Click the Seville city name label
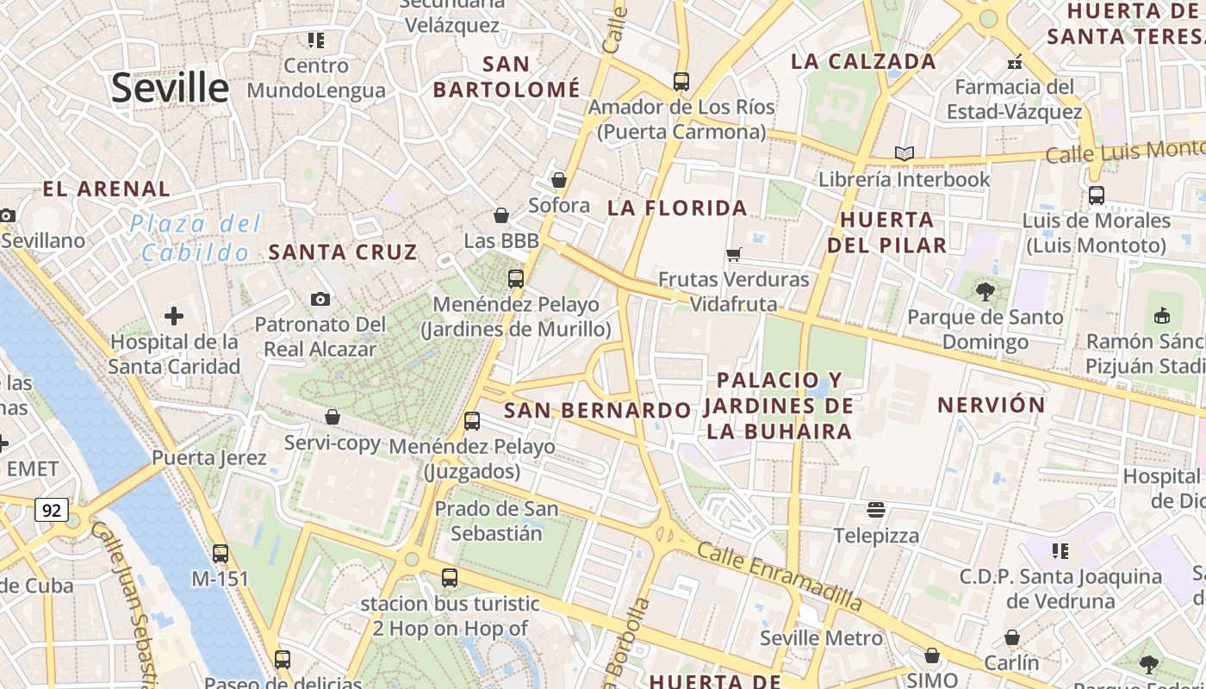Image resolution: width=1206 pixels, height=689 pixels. click(170, 88)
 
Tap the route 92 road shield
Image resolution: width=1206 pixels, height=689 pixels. click(52, 510)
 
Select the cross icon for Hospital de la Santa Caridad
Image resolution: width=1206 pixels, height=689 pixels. click(174, 316)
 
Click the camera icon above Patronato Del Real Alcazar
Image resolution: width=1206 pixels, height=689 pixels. click(320, 299)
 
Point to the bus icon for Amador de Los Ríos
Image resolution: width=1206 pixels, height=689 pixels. click(681, 82)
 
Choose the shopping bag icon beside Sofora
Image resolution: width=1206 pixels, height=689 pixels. click(559, 180)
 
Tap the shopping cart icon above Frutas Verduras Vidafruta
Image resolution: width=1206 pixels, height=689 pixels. click(734, 254)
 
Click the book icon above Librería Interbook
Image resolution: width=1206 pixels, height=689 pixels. click(904, 153)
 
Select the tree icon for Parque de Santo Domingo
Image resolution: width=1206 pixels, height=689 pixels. click(985, 291)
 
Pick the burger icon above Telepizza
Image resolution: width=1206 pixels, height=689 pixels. click(876, 509)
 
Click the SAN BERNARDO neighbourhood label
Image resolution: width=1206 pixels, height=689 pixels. click(597, 410)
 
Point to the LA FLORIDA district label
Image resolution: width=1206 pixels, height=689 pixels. click(677, 208)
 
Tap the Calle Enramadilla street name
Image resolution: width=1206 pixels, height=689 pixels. click(779, 574)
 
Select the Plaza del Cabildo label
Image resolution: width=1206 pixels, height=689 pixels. click(196, 239)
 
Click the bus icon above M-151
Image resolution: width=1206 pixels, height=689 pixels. click(221, 553)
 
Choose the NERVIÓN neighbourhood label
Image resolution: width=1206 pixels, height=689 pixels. click(991, 405)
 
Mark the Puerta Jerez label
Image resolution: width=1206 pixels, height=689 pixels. click(209, 457)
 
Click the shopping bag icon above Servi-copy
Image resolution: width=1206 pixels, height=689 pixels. click(333, 417)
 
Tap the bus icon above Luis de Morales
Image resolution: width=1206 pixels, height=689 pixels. click(1096, 195)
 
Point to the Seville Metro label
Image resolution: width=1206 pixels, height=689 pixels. click(821, 638)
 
